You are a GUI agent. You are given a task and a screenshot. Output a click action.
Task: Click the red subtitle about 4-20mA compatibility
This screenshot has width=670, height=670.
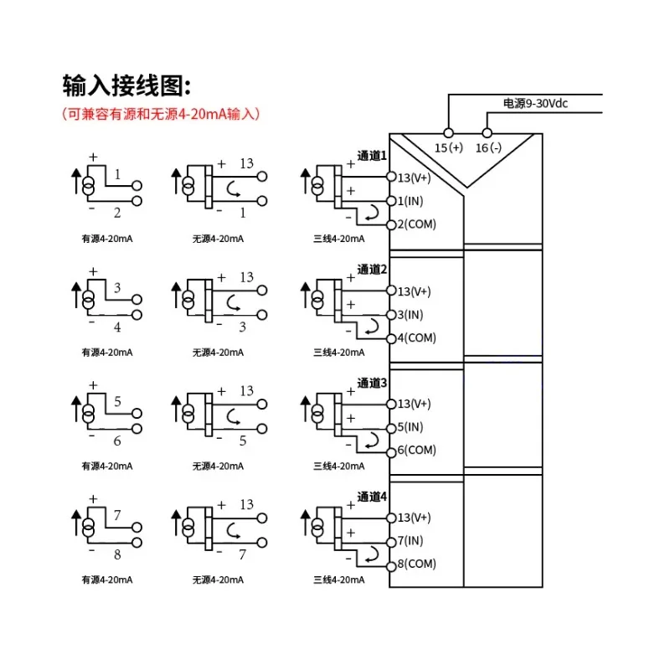click(161, 114)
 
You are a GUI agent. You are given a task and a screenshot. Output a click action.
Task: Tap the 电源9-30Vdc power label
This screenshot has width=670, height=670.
click(535, 103)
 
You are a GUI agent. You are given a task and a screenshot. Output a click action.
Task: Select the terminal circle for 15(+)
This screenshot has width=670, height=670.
click(448, 133)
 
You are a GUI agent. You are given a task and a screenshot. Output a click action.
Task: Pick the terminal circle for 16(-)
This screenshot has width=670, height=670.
click(487, 133)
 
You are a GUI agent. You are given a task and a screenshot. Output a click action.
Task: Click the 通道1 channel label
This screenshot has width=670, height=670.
click(372, 156)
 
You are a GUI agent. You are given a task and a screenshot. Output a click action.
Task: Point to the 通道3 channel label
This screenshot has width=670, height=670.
click(372, 384)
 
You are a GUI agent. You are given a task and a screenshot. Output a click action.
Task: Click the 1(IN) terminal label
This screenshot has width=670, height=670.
click(410, 201)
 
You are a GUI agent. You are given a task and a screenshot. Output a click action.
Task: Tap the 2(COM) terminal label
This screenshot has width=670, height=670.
click(416, 224)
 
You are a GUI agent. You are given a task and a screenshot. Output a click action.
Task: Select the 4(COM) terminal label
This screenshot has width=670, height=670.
click(416, 338)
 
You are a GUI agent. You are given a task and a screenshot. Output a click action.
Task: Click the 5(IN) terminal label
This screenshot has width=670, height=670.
click(410, 427)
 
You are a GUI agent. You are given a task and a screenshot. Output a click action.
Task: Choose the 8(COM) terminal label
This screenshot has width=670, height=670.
click(416, 564)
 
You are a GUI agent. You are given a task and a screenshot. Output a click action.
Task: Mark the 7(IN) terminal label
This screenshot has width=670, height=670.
click(410, 540)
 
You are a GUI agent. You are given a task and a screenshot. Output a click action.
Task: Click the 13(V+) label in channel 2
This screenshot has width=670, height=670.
click(414, 291)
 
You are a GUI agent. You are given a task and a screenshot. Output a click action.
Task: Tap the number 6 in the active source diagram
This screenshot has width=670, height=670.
click(117, 441)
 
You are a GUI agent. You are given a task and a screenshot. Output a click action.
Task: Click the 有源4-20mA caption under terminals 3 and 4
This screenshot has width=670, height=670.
click(107, 353)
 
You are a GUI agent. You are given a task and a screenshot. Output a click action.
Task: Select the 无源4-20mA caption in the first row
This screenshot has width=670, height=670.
click(218, 239)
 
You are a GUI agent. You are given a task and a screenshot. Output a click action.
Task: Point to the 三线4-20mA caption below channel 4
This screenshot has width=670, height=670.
click(339, 580)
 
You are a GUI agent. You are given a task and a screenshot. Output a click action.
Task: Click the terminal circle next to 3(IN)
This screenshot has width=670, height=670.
click(391, 315)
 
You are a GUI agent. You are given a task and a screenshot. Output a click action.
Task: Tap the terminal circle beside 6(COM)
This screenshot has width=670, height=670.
click(391, 452)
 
